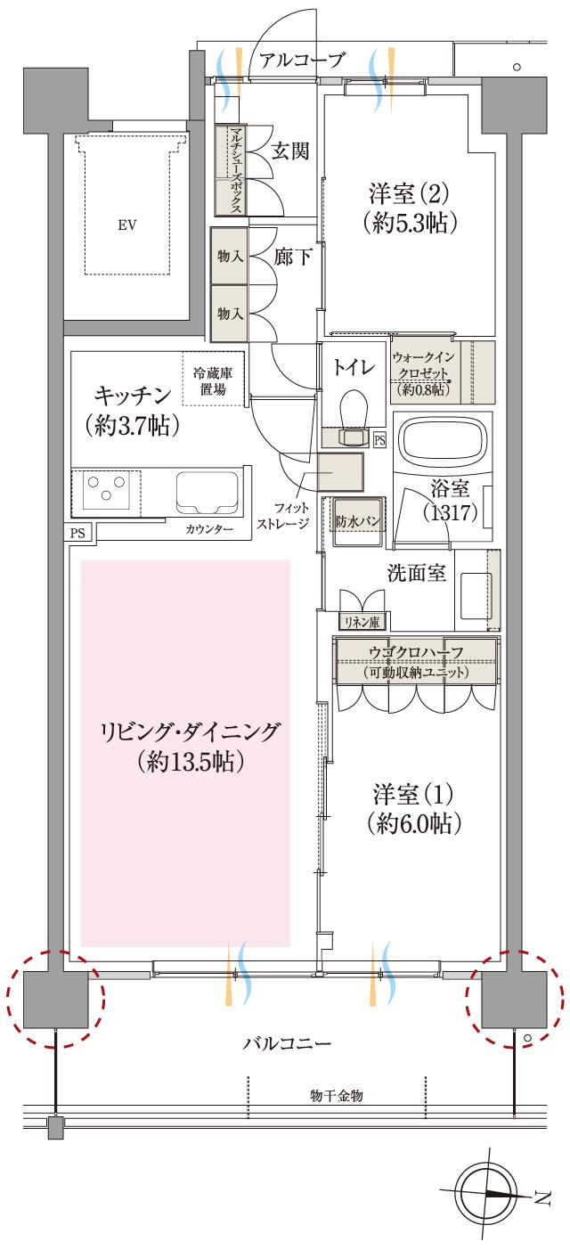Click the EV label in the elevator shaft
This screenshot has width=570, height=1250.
click(127, 225)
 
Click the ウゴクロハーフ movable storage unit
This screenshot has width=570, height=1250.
click(416, 660)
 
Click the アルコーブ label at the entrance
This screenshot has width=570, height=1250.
click(301, 61)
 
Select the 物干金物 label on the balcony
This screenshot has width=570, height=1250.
click(336, 1093)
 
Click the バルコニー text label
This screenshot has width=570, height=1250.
click(288, 1043)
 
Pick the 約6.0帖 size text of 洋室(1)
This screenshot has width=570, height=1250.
click(412, 825)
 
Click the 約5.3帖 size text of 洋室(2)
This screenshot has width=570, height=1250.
click(410, 223)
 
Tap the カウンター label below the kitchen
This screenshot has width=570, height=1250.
click(211, 530)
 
